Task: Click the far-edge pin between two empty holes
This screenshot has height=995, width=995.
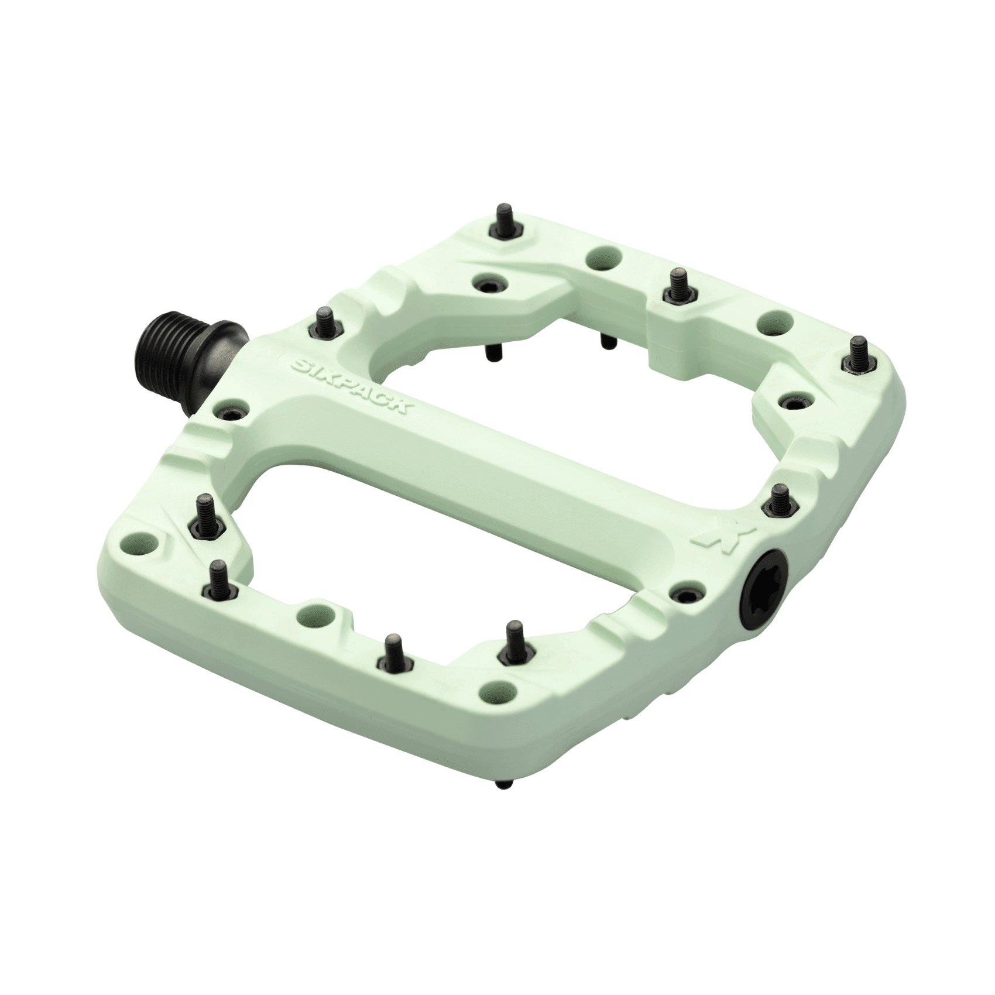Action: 679,285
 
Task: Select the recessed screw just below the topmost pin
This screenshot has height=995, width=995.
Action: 488,283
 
